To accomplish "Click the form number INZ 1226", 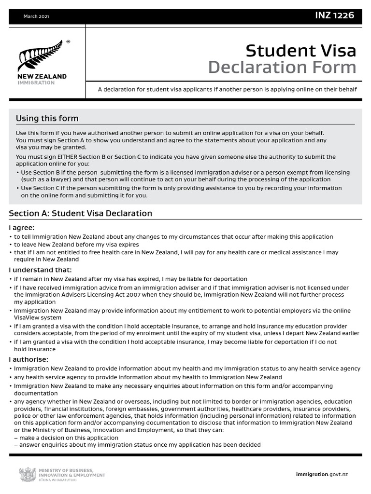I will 334,15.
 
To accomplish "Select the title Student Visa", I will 300,50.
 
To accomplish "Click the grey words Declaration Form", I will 282,68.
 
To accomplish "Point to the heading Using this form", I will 47,119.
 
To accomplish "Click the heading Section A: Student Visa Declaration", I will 81,213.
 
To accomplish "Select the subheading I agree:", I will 22,228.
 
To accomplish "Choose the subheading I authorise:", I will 29,359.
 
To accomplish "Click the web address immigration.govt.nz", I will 321,474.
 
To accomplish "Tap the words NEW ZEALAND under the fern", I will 42,77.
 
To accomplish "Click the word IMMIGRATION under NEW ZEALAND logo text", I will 36,82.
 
